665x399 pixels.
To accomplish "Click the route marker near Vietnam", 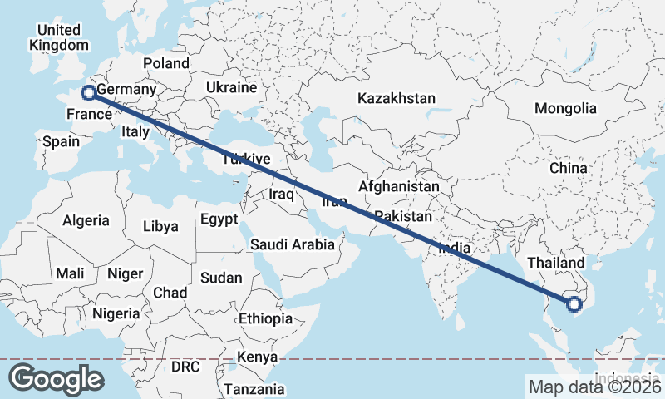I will coord(574,304).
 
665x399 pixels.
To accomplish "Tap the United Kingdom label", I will coord(58,38).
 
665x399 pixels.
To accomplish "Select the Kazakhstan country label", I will coord(397,98).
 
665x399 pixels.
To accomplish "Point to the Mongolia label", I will coord(565,108).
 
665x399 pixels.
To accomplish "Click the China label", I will coord(568,168).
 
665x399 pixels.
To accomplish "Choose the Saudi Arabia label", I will coord(293,244).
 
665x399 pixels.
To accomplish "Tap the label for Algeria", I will coord(86,220).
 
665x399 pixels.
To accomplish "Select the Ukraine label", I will coord(231,87).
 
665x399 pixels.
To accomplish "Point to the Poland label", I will coord(166,63).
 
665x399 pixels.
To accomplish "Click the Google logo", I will coord(57,378).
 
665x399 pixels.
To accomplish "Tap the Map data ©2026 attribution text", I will coord(594,387).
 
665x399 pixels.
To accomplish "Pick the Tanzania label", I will coord(254,389).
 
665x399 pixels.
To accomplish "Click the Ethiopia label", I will coord(265,318).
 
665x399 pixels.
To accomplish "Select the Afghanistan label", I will coord(399,187).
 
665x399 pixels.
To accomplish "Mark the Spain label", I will coord(62,141).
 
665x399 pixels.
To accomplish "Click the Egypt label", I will coord(219,219).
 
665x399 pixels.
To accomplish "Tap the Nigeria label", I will coord(116,313).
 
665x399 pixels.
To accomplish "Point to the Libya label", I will coord(160,226).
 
